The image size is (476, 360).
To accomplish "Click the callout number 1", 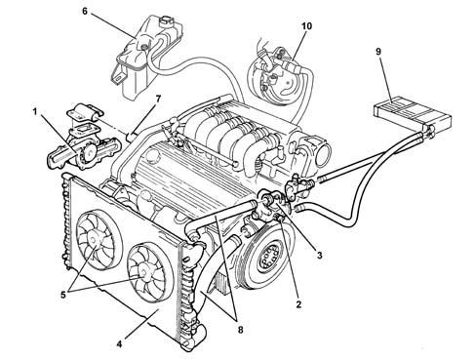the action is tap(35, 112).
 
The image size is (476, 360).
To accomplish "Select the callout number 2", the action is tap(298, 304).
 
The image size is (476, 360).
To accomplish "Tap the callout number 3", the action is tap(320, 256).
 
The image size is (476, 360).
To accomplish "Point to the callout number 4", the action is tap(119, 343).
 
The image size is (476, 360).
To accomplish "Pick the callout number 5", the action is tap(63, 295).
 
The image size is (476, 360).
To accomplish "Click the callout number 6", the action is tap(85, 12).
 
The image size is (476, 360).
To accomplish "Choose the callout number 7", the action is tap(158, 99).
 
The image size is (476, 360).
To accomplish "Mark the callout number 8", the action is tap(240, 330).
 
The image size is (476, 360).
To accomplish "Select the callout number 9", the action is tap(378, 52).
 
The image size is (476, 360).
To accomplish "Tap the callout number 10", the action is tap(306, 25).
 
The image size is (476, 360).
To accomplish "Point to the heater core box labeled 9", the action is tap(412, 111).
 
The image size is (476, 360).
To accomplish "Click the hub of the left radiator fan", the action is tap(95, 241).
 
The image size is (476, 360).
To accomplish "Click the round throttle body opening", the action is tap(323, 152).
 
